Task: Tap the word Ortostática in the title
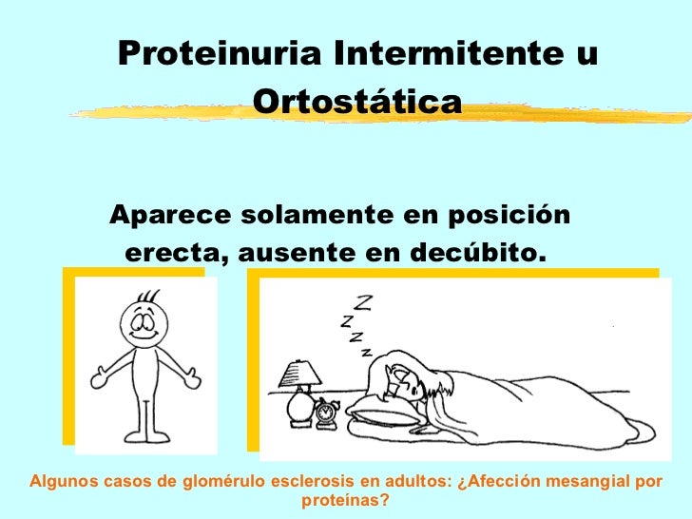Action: click(x=356, y=99)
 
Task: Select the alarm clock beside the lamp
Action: click(x=327, y=411)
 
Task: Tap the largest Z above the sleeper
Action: click(x=364, y=303)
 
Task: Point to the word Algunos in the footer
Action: click(x=61, y=480)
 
